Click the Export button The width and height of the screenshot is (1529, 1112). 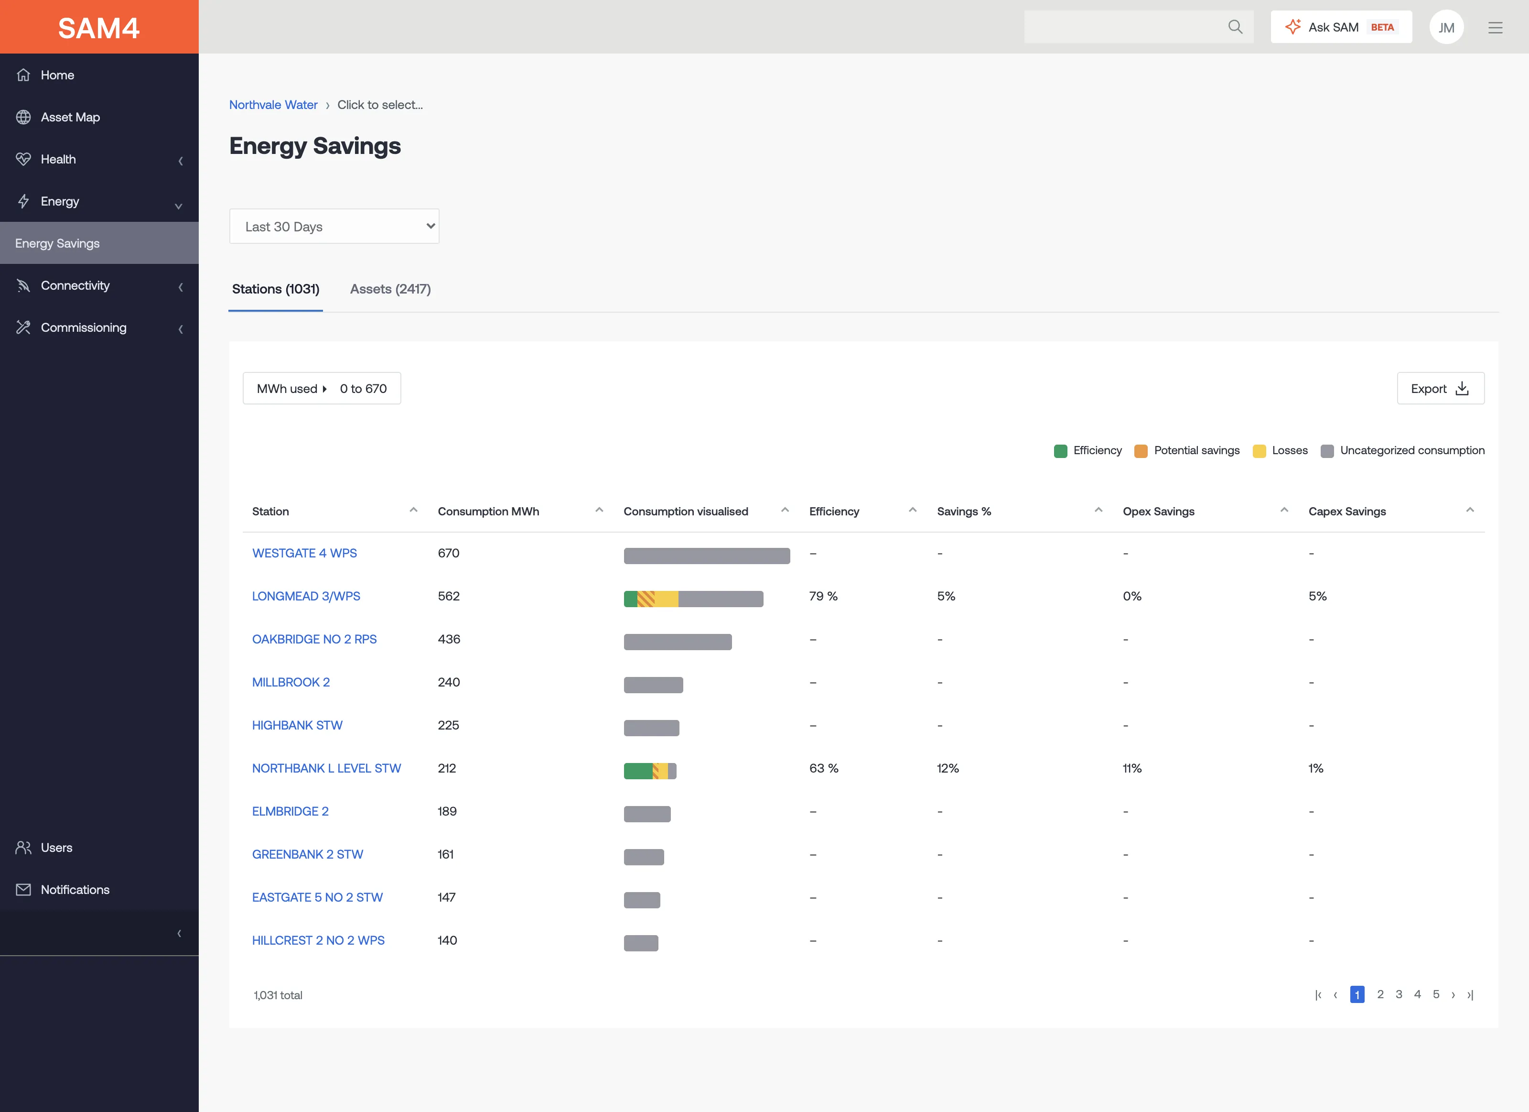(x=1440, y=388)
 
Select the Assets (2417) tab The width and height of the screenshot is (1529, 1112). (x=390, y=289)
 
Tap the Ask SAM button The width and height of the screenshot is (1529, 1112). (x=1341, y=27)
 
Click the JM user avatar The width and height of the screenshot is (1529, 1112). (x=1446, y=27)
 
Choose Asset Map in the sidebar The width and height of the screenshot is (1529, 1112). (x=70, y=117)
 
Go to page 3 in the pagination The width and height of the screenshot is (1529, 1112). (x=1399, y=994)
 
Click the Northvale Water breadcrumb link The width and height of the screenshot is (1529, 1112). (x=273, y=105)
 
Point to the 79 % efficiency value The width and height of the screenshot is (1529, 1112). (x=823, y=596)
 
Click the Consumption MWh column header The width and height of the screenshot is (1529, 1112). (x=489, y=511)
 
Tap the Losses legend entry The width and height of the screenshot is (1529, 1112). (x=1280, y=450)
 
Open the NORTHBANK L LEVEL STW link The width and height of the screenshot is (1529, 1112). (x=326, y=768)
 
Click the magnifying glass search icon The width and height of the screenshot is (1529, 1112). (x=1235, y=27)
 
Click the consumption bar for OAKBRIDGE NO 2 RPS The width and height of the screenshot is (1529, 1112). (x=678, y=642)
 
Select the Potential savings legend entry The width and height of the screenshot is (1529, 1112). (x=1187, y=450)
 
